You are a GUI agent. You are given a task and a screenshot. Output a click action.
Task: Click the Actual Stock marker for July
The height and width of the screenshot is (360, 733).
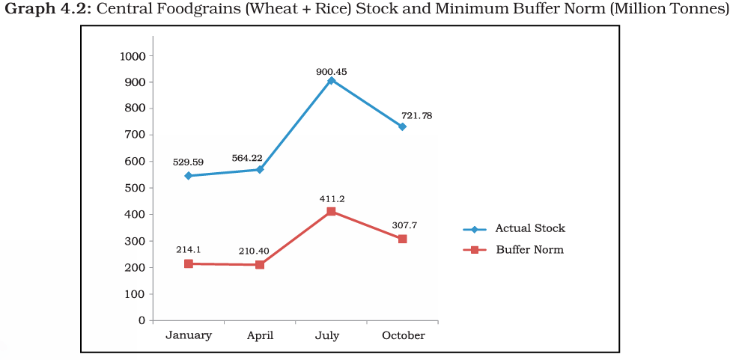coord(331,80)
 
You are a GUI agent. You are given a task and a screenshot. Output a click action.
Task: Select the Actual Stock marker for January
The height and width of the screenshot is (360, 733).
coord(189,176)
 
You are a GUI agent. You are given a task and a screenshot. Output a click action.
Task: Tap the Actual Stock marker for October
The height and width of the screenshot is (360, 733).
coord(402,126)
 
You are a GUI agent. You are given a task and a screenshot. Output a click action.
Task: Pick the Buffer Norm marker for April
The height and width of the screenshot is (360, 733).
coord(260,265)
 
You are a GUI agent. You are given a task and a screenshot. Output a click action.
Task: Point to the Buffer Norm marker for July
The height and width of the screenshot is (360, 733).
coord(331,211)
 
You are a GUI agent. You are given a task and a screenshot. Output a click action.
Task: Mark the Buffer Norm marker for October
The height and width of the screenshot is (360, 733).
coord(402,239)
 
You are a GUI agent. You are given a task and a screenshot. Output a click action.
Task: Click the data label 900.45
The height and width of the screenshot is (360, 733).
coord(331,72)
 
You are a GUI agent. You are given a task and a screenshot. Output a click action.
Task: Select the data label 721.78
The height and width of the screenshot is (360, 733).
coord(416,116)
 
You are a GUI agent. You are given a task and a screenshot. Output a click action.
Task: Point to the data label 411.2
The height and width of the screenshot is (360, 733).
coord(331,199)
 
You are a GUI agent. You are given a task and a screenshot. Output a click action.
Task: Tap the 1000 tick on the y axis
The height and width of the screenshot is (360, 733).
coord(132,56)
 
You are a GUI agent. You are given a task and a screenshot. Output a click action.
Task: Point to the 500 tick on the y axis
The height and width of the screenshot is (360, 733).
coord(136,188)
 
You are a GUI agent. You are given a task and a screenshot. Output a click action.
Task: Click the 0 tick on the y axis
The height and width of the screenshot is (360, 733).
coord(141,320)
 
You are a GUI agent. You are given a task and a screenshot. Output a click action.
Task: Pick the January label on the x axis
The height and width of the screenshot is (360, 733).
coord(189,335)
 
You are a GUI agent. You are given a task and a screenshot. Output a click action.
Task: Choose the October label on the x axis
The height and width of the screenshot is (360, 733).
coord(403,335)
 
